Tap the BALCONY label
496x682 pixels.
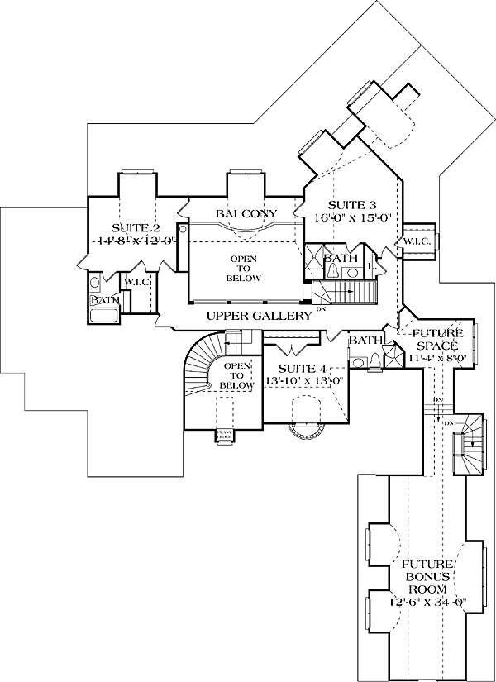246,214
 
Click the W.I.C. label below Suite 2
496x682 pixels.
136,283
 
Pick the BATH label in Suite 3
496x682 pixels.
336,259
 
